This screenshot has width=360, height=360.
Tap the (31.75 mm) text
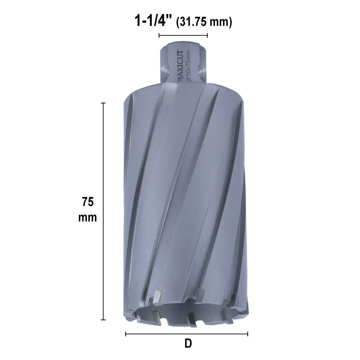204,22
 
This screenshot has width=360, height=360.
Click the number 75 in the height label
88,202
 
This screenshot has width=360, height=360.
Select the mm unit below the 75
88,217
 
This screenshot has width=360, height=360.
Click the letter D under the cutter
188,343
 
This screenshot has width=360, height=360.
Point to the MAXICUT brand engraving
180,66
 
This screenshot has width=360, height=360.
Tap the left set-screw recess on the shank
165,73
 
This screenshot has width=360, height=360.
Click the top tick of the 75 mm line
103,103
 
